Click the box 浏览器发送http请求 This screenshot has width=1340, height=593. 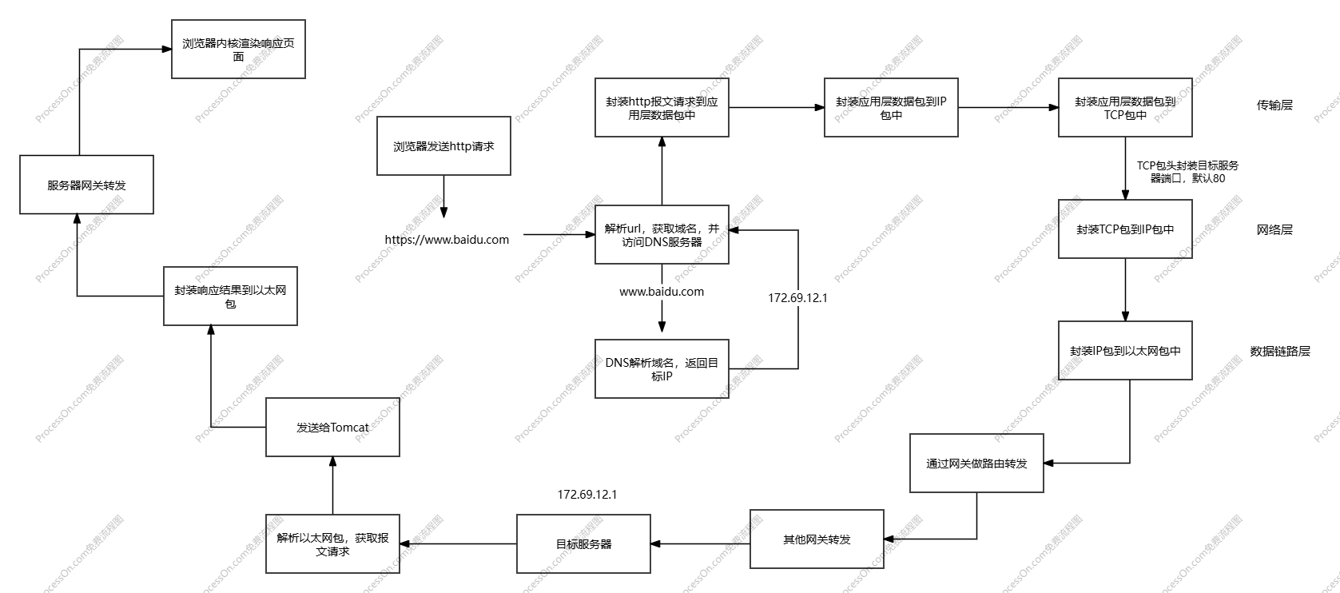[x=443, y=146]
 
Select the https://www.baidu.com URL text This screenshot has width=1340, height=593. [x=447, y=239]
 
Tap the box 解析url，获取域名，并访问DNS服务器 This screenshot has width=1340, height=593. [x=662, y=235]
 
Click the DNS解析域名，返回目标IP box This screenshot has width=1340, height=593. [x=662, y=369]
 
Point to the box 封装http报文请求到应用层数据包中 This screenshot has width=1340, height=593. [x=662, y=108]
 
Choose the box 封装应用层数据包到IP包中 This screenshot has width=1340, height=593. [x=891, y=108]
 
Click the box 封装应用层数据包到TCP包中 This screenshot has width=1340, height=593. [x=1125, y=108]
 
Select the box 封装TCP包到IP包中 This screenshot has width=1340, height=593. [x=1125, y=229]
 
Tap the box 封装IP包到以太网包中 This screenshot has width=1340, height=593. [x=1125, y=350]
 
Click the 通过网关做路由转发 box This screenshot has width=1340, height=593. [x=976, y=464]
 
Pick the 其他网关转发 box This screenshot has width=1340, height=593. [x=817, y=539]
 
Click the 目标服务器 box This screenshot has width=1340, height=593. [x=583, y=544]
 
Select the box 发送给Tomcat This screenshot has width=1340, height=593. [x=332, y=428]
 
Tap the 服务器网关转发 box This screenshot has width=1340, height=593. [x=86, y=185]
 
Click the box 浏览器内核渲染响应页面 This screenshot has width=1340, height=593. [x=238, y=50]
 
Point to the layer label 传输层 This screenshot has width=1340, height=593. [x=1274, y=105]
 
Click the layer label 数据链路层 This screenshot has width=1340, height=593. [x=1280, y=351]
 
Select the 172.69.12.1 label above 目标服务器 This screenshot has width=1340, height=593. [x=587, y=495]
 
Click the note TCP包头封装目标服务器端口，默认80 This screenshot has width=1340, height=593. [x=1187, y=172]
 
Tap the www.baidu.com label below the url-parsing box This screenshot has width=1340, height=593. [x=662, y=292]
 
